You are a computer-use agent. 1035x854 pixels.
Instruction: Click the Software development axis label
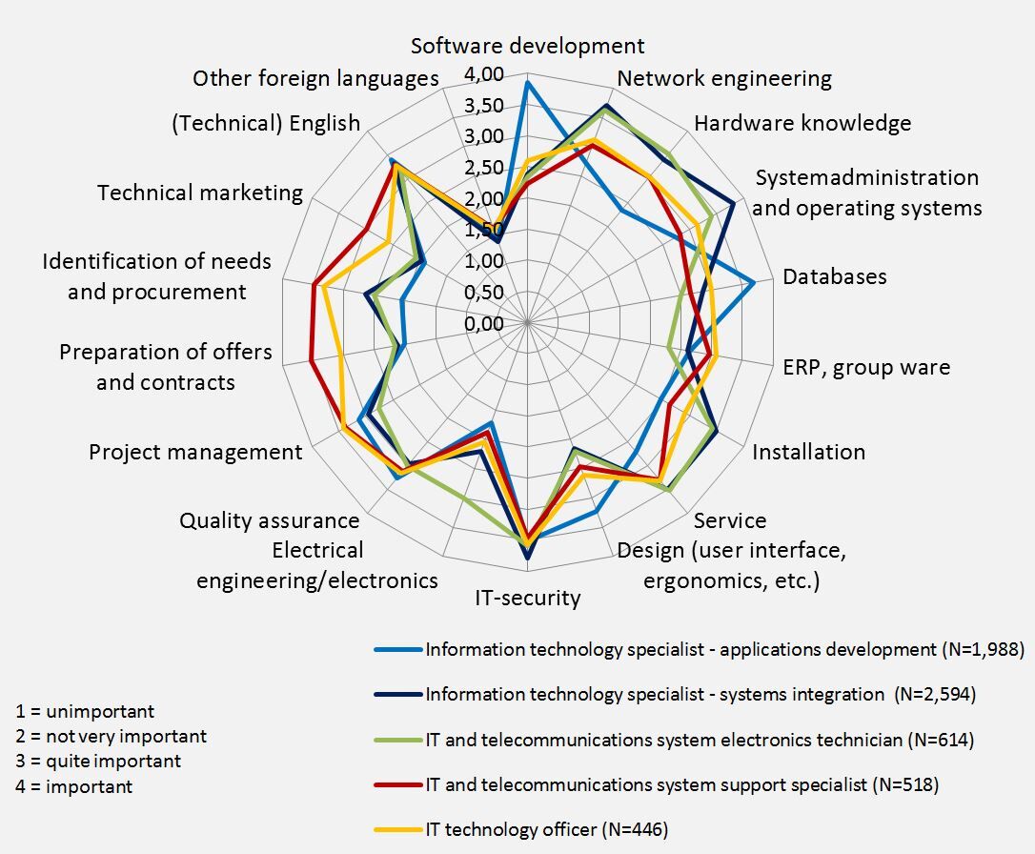527,46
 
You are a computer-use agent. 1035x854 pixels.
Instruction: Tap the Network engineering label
724,78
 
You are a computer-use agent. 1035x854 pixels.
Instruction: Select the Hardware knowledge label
802,123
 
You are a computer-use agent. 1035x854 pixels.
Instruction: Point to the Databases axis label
834,276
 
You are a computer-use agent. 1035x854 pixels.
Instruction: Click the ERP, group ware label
866,367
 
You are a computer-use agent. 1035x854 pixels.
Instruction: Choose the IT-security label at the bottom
527,599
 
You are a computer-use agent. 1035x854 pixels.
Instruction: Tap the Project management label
195,452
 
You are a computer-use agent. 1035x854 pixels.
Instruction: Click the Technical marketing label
200,193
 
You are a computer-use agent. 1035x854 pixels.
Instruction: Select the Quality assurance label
270,520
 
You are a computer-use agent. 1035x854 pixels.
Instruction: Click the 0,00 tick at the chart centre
484,324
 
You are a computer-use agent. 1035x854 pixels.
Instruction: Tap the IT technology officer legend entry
546,829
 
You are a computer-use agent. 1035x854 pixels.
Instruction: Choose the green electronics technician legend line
398,740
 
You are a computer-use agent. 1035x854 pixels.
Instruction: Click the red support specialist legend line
398,785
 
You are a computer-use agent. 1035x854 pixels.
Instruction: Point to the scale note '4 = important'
75,786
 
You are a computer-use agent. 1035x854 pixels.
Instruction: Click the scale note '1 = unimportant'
85,712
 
